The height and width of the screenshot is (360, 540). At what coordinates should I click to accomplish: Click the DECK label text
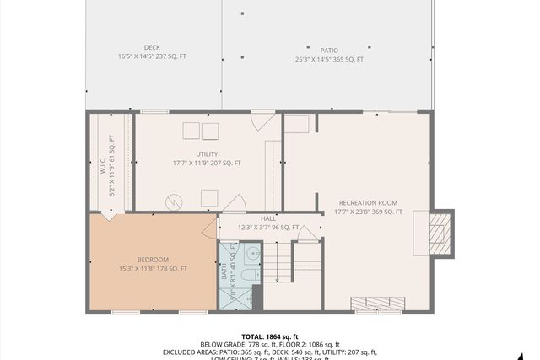point(151,47)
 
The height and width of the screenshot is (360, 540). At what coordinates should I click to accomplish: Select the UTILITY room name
point(207,153)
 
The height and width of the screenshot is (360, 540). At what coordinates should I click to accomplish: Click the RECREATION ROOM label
point(368,203)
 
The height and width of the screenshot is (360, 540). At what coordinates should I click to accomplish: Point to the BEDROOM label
point(153,259)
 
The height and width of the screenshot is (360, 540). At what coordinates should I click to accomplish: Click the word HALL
point(268,218)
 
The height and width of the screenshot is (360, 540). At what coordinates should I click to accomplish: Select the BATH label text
point(224,271)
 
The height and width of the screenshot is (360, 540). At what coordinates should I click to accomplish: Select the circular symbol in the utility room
point(175,201)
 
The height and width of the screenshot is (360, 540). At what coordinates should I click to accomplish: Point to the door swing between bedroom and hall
point(210,226)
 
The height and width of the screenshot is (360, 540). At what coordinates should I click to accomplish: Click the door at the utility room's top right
point(263,121)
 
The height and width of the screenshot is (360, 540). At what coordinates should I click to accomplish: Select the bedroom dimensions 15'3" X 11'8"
point(153,268)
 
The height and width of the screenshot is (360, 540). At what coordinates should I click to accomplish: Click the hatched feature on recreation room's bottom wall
point(377,304)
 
